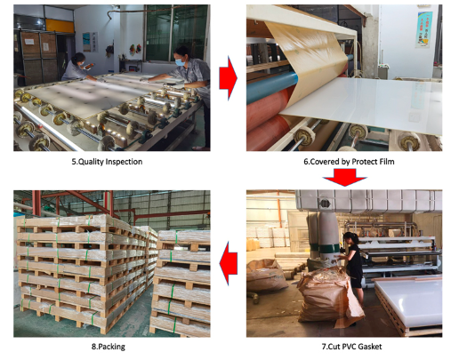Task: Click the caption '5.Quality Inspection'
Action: [x=107, y=162]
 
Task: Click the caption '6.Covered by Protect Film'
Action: [x=349, y=162]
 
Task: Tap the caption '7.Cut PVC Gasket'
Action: [x=351, y=347]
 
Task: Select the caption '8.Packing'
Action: [x=109, y=347]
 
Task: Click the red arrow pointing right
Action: [x=228, y=78]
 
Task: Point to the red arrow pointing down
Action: [x=344, y=177]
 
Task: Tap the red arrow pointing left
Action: [x=228, y=263]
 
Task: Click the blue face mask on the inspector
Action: [x=181, y=62]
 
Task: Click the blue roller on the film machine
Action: [x=272, y=87]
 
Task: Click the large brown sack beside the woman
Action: [x=330, y=296]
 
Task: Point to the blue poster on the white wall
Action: [x=423, y=29]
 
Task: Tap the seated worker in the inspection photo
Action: [x=77, y=68]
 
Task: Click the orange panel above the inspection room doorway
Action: [x=60, y=26]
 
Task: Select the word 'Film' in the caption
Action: [x=387, y=162]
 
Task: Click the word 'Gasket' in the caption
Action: [x=371, y=347]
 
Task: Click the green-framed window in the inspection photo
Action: [x=176, y=32]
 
